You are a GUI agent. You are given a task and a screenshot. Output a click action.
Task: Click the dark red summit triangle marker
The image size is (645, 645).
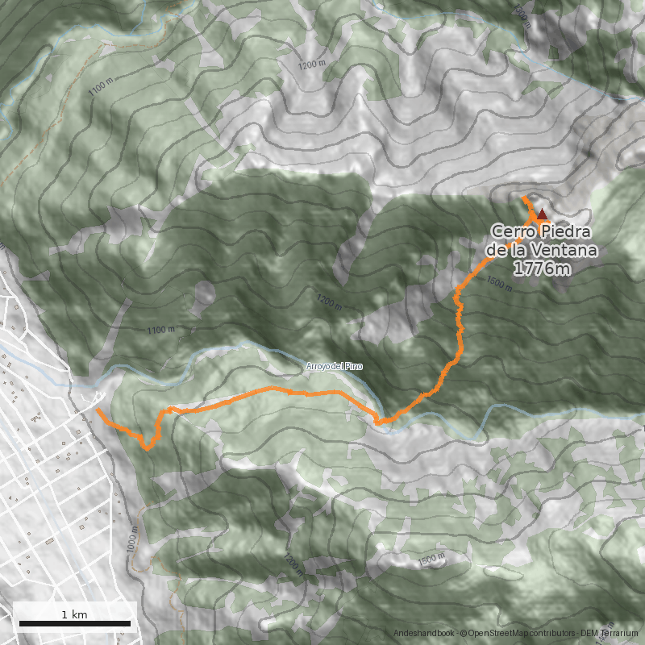point(542,214)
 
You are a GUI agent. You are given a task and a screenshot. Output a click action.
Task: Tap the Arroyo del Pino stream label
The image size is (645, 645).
point(335,367)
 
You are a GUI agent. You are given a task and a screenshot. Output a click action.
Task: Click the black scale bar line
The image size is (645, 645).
point(75,623)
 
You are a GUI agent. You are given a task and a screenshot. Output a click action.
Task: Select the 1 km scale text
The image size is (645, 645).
point(74,614)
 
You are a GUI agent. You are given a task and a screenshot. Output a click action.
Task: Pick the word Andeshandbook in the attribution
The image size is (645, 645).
point(423,635)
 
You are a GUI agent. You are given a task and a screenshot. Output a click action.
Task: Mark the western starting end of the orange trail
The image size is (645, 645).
point(98,411)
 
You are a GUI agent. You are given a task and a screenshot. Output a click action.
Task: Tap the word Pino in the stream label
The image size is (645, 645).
point(355,367)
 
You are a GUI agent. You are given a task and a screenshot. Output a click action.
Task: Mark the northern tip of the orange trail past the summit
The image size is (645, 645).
point(522,198)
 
